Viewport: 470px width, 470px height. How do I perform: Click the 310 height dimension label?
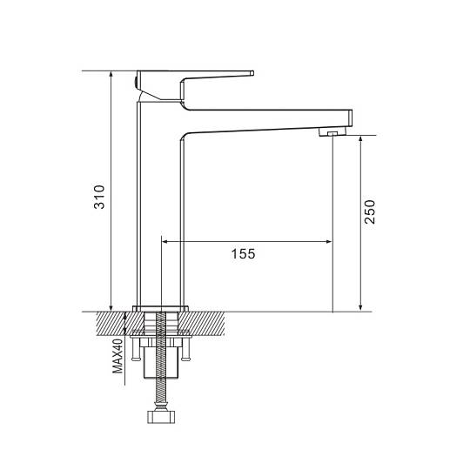point(99,197)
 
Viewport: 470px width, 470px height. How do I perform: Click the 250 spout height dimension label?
point(370,211)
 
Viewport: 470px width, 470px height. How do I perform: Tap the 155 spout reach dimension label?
point(243,253)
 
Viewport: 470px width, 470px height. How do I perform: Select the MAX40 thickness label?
point(117,356)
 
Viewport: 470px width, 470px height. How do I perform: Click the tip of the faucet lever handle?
point(252,73)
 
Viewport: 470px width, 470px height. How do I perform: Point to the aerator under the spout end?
point(332,132)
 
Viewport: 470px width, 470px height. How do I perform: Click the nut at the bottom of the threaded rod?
point(161,417)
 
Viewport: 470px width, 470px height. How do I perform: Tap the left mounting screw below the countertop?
point(136,348)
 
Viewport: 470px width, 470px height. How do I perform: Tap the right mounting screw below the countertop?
point(186,348)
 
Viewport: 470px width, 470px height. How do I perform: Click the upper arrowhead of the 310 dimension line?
point(111,74)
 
